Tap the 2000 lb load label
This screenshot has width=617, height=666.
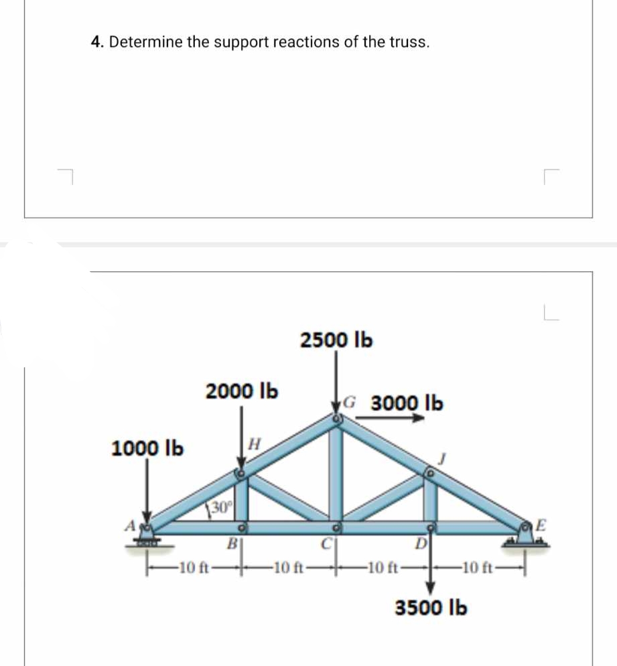pos(243,390)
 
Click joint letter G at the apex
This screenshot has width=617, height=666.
pos(350,403)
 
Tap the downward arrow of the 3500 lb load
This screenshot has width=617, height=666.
pos(431,566)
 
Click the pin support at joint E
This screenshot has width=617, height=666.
pos(526,535)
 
